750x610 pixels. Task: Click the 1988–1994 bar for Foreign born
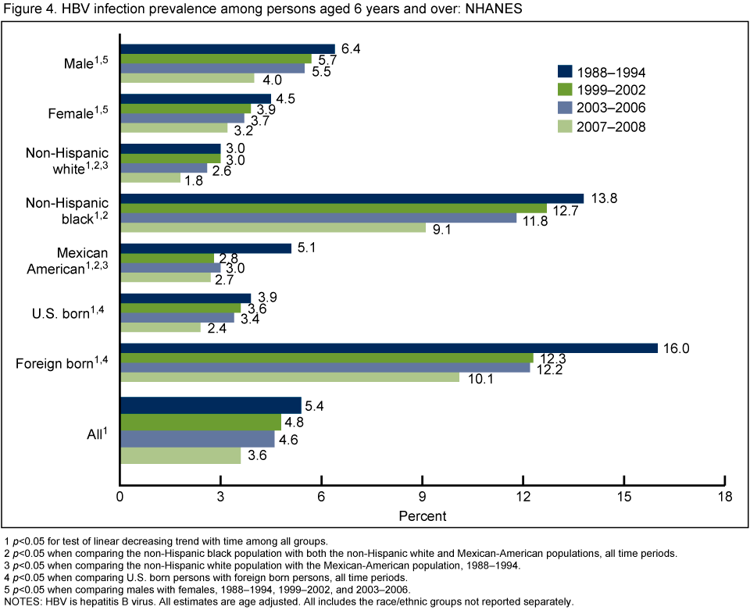click(389, 348)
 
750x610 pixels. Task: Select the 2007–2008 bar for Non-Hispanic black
click(273, 227)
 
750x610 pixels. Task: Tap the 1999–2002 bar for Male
click(216, 59)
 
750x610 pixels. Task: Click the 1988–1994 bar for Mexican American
click(205, 248)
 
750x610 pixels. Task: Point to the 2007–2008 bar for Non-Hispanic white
click(150, 177)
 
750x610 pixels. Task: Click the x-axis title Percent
click(423, 516)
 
